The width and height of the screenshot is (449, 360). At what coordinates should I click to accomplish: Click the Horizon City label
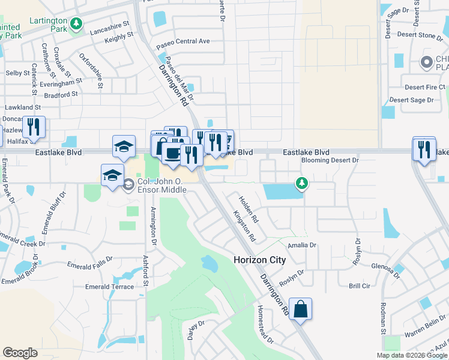(259, 260)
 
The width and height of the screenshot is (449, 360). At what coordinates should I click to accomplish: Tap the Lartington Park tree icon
(76, 24)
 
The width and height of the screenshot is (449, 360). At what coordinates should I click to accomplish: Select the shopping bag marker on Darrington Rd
(301, 310)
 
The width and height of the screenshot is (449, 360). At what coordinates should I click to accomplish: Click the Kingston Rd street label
(244, 226)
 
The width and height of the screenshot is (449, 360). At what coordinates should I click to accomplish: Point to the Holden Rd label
(248, 208)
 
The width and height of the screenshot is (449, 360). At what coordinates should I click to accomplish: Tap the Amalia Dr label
(302, 245)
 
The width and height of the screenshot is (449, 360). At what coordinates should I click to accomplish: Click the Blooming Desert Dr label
(330, 160)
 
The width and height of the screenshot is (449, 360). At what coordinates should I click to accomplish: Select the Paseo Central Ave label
(183, 41)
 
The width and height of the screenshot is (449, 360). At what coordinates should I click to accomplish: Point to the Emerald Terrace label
(109, 287)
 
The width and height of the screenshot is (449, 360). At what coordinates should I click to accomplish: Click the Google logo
(20, 353)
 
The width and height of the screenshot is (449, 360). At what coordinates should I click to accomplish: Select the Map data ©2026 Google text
(411, 355)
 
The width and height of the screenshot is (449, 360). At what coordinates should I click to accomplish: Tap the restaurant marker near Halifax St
(34, 128)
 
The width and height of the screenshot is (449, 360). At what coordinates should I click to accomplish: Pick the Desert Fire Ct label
(424, 87)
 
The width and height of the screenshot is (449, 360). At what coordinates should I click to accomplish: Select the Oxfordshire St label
(91, 71)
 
